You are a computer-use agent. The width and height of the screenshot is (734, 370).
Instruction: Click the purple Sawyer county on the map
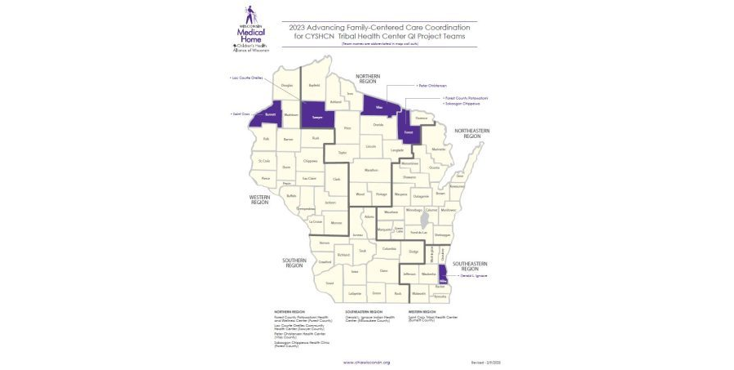(x=316, y=117)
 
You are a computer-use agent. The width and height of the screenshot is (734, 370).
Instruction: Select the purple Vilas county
(x=378, y=108)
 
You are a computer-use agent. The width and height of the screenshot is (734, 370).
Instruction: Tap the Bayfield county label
(x=315, y=83)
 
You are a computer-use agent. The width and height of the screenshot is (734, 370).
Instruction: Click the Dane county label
(x=383, y=270)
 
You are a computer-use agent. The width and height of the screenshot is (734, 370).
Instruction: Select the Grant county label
(x=329, y=283)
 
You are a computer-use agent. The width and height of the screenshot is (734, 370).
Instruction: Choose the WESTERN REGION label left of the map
(x=260, y=199)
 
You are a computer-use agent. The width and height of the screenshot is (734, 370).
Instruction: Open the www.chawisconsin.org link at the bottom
(x=366, y=362)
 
